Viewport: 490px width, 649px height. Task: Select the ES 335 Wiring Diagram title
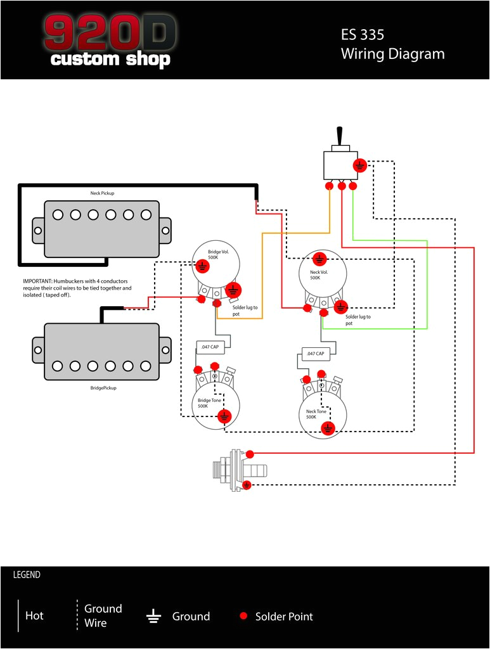click(392, 44)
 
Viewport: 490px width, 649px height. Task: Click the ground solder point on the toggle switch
click(359, 165)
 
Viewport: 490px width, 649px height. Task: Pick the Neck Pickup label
click(102, 193)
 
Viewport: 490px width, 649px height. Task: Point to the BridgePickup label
click(103, 387)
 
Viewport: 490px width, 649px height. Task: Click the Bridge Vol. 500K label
click(217, 255)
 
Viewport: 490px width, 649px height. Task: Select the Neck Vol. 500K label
click(315, 274)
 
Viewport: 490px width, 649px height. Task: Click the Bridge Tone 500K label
click(209, 403)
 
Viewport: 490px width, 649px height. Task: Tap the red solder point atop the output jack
click(250, 454)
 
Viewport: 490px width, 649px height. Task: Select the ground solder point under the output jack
click(247, 485)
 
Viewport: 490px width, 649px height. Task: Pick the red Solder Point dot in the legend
click(243, 616)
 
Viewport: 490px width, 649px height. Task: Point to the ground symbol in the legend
click(153, 616)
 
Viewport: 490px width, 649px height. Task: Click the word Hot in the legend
click(34, 616)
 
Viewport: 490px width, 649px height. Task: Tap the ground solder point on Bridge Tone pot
click(224, 416)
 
